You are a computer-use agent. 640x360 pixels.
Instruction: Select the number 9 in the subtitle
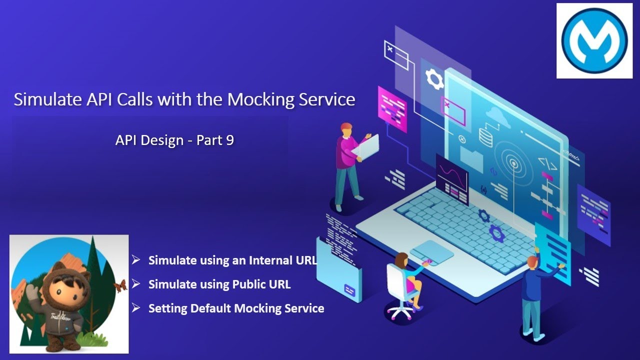click(x=229, y=140)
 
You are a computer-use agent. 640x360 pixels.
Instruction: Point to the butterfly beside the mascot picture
click(x=120, y=285)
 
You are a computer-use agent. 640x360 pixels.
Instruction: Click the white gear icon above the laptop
click(x=434, y=79)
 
